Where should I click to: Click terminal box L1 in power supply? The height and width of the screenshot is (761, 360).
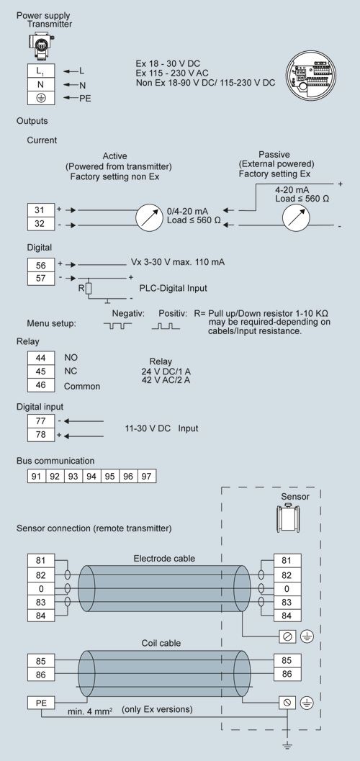pos(41,71)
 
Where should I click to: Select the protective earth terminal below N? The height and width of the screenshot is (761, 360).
pos(41,97)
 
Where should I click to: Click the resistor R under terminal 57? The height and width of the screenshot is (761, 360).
pos(89,288)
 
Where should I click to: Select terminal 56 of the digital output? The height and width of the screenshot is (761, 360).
pos(41,265)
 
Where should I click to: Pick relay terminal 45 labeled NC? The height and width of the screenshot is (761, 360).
pos(41,372)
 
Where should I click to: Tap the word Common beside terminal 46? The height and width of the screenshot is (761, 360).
pos(82,387)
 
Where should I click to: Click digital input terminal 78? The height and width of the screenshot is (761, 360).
pos(41,434)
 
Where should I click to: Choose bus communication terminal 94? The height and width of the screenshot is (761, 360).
pos(91,476)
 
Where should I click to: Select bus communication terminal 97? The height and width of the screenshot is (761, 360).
pos(147,476)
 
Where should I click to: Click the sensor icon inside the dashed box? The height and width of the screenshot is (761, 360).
pos(287,518)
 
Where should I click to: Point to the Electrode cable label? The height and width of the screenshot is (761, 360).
pos(164,559)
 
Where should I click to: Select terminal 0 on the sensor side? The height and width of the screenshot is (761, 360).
pos(287,589)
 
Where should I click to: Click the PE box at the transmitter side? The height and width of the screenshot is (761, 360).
pos(41,702)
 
